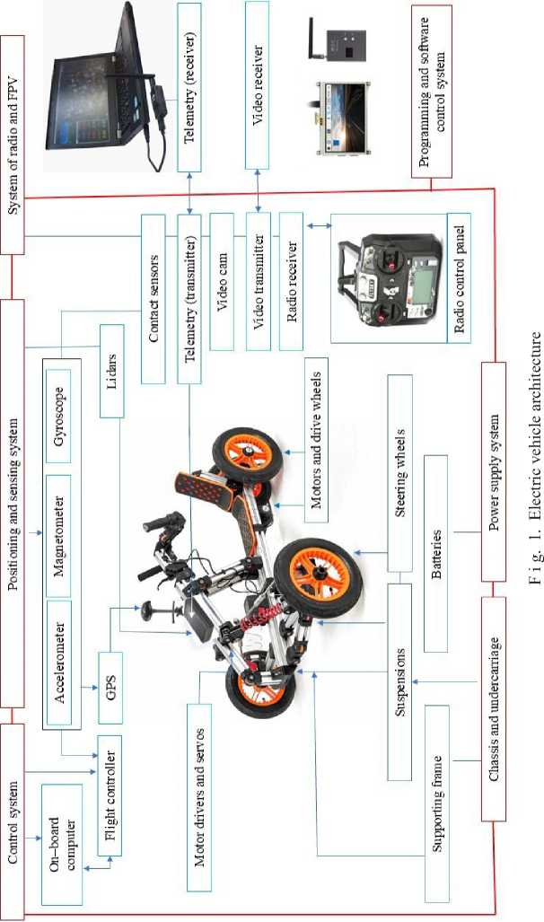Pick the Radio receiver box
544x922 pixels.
click(293, 281)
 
